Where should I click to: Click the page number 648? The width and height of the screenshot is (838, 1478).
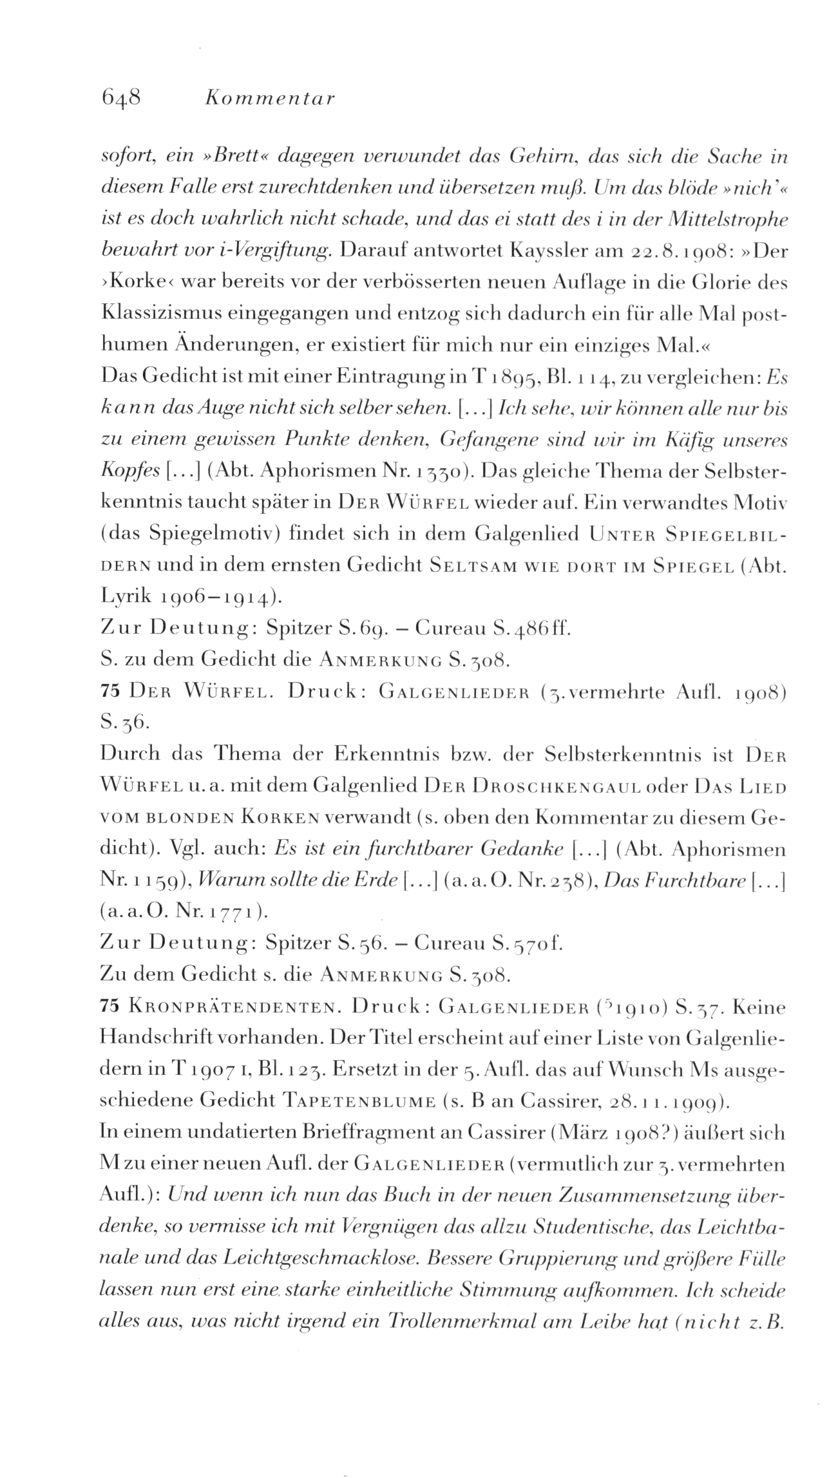coord(121,99)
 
